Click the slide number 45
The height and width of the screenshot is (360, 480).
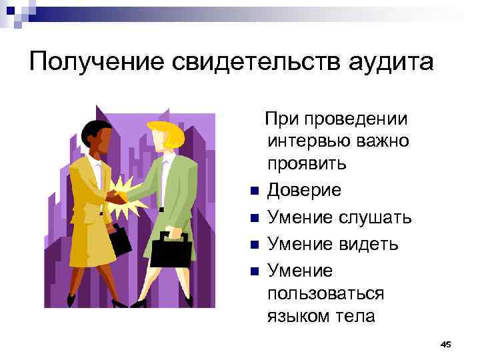pyautogui.click(x=446, y=344)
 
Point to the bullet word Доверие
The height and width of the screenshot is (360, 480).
pyautogui.click(x=304, y=191)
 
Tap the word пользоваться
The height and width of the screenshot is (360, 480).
pyautogui.click(x=325, y=293)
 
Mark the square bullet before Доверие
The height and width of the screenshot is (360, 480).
pyautogui.click(x=253, y=192)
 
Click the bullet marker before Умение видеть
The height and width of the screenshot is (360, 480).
pyautogui.click(x=253, y=245)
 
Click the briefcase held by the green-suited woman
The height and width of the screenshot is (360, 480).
pyautogui.click(x=171, y=249)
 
